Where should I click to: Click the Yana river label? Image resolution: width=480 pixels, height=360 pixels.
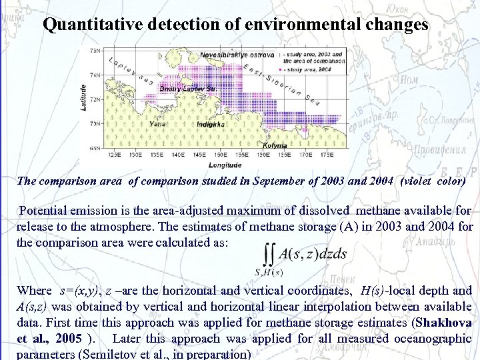coord(158,123)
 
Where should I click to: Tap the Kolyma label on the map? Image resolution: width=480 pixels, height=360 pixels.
coord(275,145)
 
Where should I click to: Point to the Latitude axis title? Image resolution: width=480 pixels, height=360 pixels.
coord(83,97)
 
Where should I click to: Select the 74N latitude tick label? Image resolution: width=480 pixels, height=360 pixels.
coord(95,75)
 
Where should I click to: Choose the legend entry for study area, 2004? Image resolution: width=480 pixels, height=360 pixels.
coord(311,69)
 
